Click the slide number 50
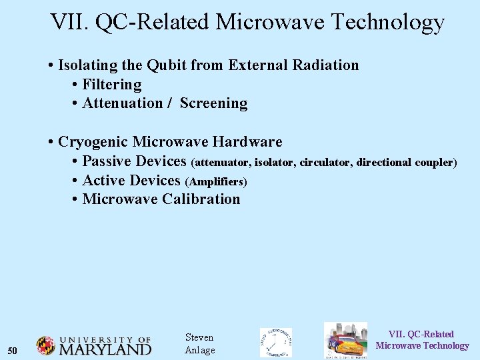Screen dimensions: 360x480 click(x=12, y=351)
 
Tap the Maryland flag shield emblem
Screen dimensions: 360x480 click(x=45, y=345)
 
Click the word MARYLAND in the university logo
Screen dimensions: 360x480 click(x=105, y=349)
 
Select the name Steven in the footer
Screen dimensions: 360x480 click(x=199, y=337)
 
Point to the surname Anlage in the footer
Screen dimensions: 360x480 click(x=199, y=351)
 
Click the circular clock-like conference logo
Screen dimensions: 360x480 click(x=275, y=343)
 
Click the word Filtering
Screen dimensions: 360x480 click(x=111, y=85)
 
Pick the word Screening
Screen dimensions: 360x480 click(x=213, y=103)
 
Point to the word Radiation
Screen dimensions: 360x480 click(x=325, y=65)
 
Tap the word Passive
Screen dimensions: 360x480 click(x=106, y=161)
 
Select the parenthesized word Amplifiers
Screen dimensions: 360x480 click(x=216, y=181)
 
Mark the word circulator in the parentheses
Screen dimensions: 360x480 click(x=325, y=163)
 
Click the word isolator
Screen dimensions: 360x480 click(x=275, y=163)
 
